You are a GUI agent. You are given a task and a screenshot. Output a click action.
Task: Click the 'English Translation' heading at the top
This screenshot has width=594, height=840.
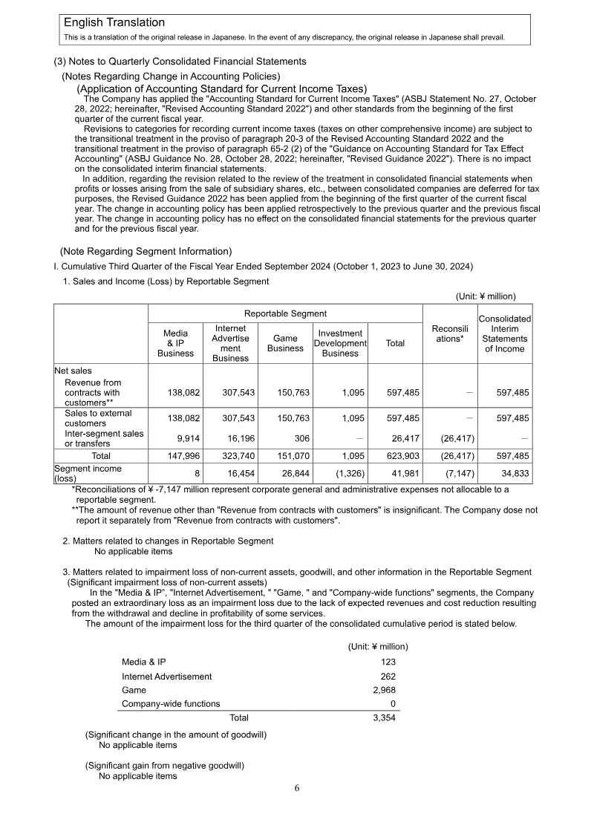(x=114, y=23)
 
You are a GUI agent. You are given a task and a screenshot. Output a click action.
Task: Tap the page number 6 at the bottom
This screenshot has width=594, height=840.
(x=297, y=788)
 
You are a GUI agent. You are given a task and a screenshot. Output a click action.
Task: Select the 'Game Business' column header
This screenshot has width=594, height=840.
(x=286, y=343)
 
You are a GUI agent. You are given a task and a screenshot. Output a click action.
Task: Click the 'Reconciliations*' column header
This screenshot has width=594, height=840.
(x=449, y=333)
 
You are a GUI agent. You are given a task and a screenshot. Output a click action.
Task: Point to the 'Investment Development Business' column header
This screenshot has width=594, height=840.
(x=340, y=343)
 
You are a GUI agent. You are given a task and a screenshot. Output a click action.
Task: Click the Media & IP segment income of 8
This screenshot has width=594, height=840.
(x=198, y=474)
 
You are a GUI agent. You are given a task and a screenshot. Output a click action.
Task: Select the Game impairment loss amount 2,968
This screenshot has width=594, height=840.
(x=383, y=690)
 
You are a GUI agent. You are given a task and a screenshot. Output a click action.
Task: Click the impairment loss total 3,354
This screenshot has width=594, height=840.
(x=383, y=718)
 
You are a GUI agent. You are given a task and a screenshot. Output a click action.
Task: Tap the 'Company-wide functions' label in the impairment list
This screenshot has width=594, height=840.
(x=171, y=704)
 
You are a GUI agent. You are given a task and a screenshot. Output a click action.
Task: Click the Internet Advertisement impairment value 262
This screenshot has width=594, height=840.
(x=388, y=676)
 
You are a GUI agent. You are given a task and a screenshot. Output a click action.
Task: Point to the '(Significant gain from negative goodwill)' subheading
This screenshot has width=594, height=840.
(x=164, y=764)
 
